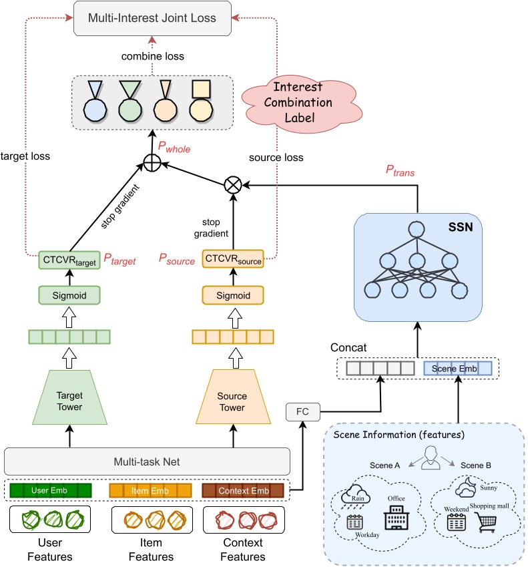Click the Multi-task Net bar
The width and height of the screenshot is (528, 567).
tap(148, 461)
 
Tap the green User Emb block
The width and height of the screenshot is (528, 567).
tap(50, 491)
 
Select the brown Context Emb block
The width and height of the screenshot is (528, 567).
tap(243, 491)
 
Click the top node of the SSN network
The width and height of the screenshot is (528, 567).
tap(417, 228)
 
